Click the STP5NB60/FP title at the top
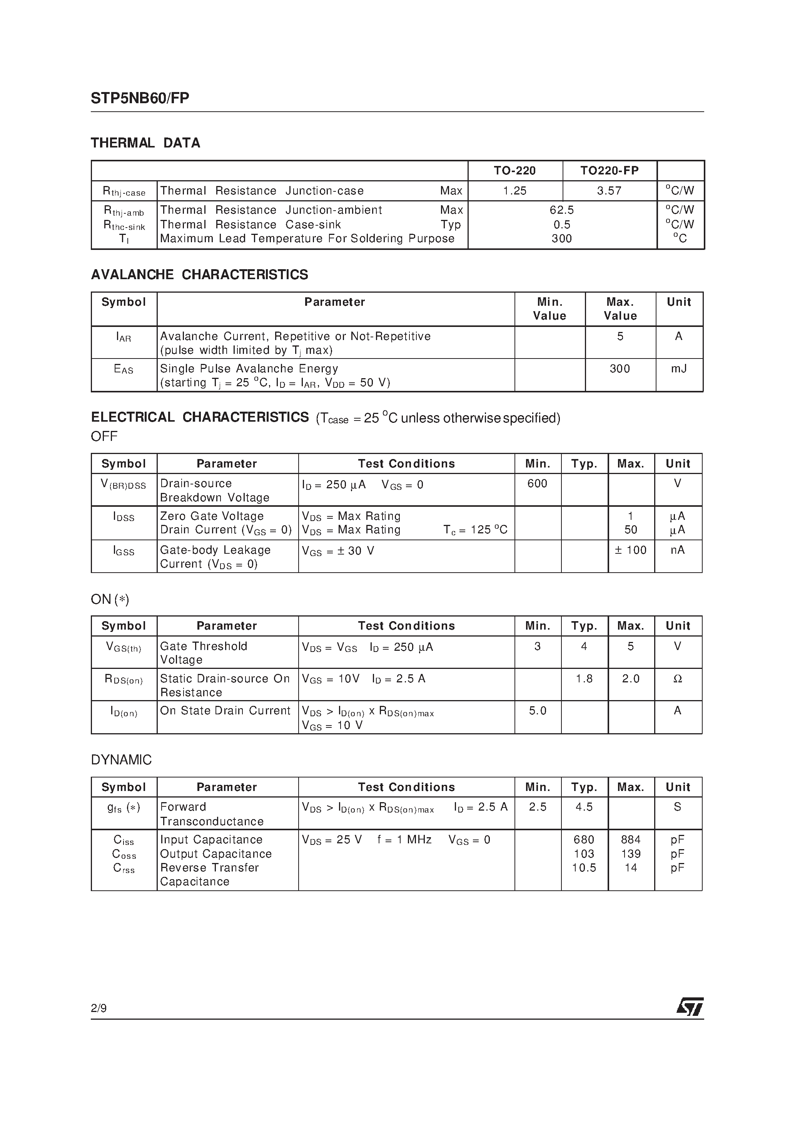tap(140, 98)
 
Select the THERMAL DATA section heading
tap(145, 143)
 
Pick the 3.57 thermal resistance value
tap(609, 191)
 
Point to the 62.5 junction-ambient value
tap(562, 210)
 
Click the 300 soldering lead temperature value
tap(562, 238)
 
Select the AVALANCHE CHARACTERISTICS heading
tap(199, 274)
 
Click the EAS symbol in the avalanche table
tap(124, 369)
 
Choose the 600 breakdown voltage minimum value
tap(537, 484)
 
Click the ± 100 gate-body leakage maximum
tap(631, 550)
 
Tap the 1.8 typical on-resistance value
tap(584, 679)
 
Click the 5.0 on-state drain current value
tap(537, 710)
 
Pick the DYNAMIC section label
tap(122, 760)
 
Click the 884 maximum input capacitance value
tap(631, 839)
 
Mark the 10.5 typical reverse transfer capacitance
tap(584, 868)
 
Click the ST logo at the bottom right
tap(690, 1007)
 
